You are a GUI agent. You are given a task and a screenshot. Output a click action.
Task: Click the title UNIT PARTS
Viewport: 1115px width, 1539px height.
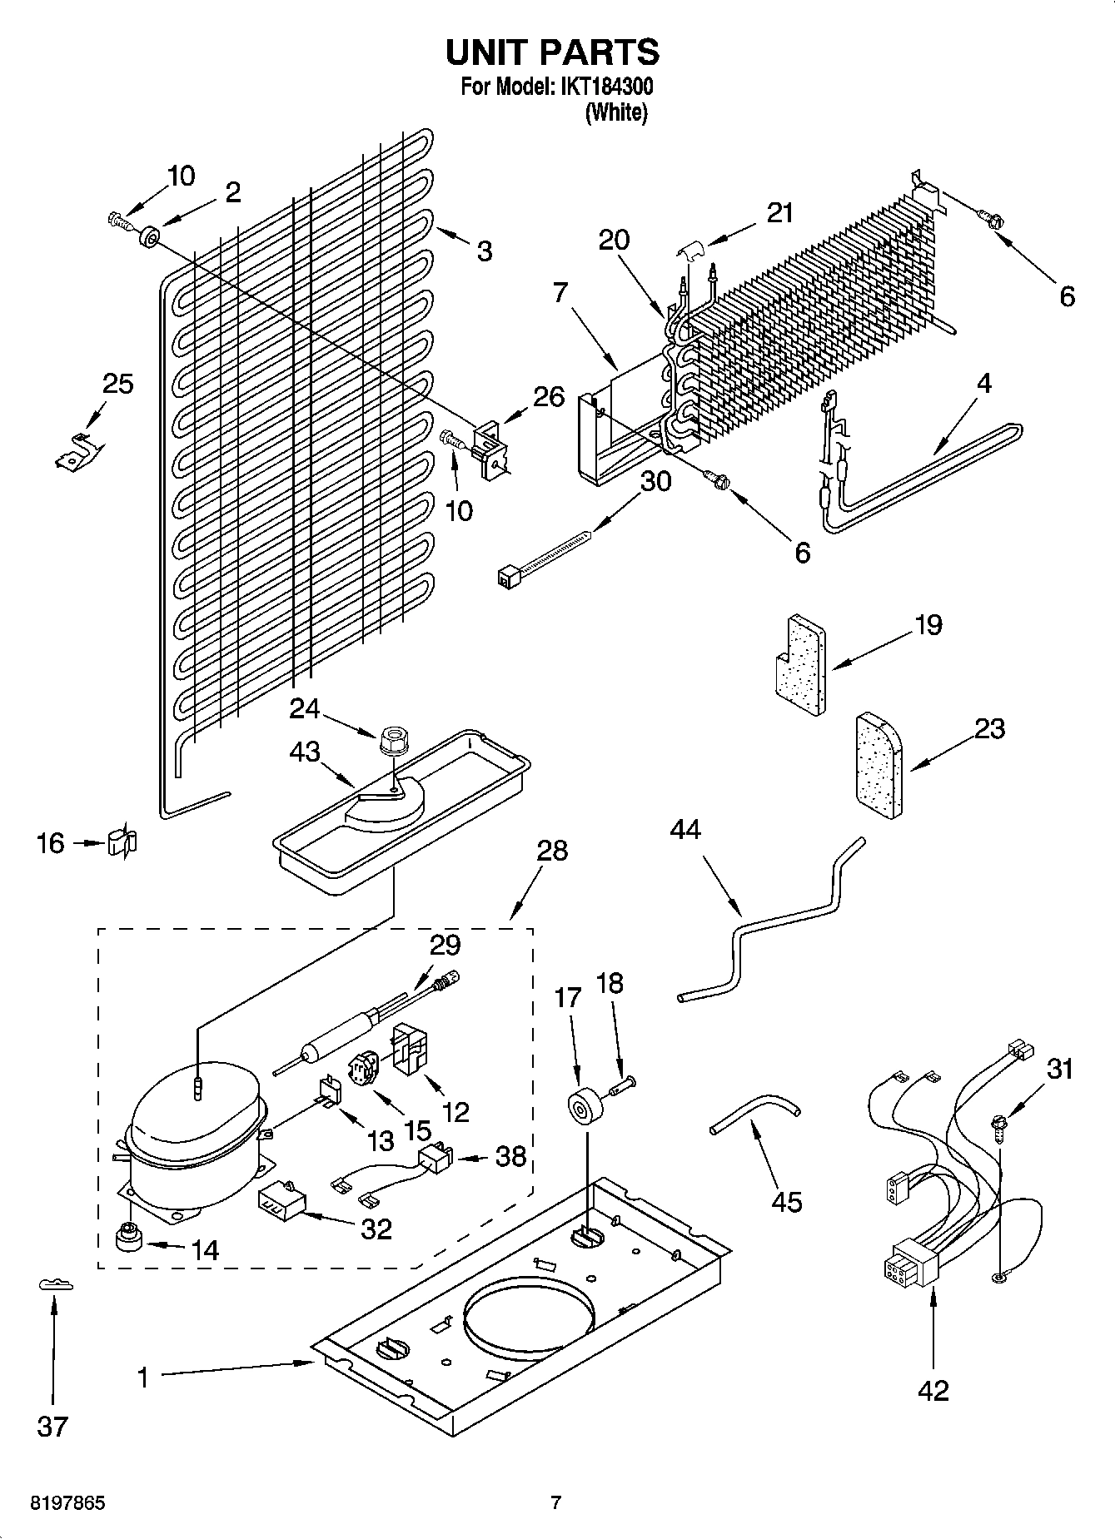(552, 52)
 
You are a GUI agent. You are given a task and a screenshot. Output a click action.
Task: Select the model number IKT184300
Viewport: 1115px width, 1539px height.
(606, 87)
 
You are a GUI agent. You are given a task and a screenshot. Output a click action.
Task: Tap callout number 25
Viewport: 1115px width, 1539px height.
(117, 384)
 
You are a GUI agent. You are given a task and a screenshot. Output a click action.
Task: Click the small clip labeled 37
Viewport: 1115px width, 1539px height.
(56, 1285)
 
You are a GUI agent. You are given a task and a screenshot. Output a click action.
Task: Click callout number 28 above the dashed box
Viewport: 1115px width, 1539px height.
(553, 850)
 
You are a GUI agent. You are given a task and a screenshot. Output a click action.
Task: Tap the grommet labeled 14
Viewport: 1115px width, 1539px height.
(128, 1238)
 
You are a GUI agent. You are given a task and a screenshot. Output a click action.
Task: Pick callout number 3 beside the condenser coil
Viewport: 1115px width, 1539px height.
(484, 251)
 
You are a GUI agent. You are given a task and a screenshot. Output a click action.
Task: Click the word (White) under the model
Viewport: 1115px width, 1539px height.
(616, 112)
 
